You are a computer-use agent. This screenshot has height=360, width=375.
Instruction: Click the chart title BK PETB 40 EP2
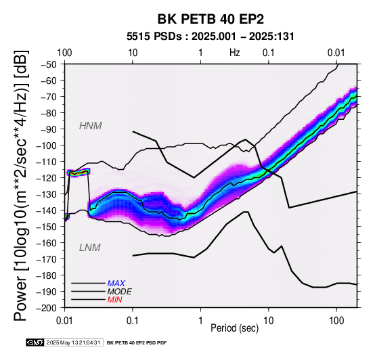(x=211, y=19)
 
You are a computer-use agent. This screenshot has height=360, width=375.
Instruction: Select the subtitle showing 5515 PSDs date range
(x=211, y=37)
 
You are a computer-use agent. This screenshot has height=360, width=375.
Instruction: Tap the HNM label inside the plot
(x=91, y=126)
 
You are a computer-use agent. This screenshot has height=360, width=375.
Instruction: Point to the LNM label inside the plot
(x=89, y=248)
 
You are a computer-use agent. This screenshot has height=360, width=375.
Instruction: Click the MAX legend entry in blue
(x=116, y=284)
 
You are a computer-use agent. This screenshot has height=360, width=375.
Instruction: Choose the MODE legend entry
(x=119, y=292)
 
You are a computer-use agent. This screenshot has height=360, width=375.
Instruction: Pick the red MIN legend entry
(x=114, y=300)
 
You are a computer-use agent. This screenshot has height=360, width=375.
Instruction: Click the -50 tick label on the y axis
(x=49, y=64)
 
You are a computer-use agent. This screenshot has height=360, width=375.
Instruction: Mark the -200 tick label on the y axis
(x=47, y=308)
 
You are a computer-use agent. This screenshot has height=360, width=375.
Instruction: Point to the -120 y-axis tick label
(x=47, y=178)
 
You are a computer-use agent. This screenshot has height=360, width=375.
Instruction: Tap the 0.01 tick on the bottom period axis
(x=64, y=321)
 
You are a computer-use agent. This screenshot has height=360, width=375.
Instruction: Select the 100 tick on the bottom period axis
(x=336, y=321)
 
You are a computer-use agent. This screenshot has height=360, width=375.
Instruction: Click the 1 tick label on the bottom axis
(x=200, y=321)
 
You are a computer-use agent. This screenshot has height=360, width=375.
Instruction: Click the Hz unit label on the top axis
(x=235, y=53)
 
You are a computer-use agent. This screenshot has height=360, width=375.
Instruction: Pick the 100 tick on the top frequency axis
(x=64, y=53)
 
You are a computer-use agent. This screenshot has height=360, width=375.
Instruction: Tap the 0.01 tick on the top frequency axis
(x=336, y=53)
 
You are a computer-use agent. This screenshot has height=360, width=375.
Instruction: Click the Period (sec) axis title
(x=235, y=328)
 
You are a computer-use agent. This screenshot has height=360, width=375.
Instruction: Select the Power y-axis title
(x=21, y=185)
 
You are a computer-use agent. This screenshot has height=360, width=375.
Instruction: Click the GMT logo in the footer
(x=35, y=342)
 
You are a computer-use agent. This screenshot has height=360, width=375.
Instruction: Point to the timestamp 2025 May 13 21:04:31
(x=73, y=342)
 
